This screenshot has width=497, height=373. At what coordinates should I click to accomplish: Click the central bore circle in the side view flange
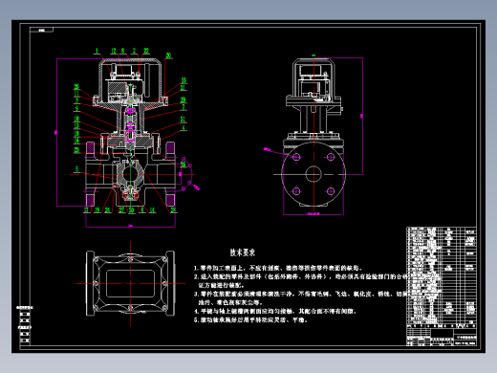pyautogui.click(x=313, y=175)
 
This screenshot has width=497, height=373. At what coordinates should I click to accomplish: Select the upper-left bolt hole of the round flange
pyautogui.click(x=295, y=158)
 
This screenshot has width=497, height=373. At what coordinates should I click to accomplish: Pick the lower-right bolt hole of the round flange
pyautogui.click(x=330, y=192)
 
